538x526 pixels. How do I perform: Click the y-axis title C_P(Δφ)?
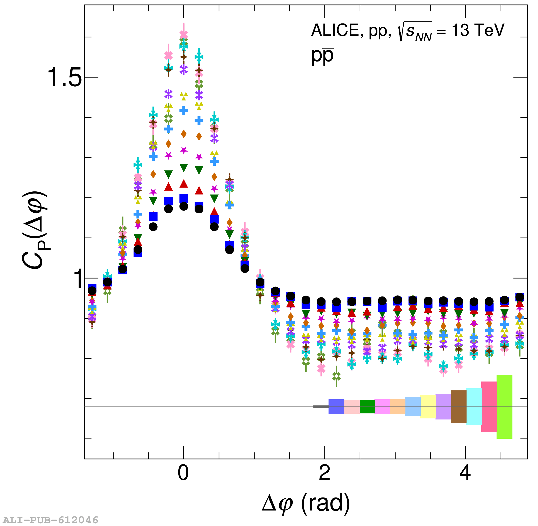tap(34, 230)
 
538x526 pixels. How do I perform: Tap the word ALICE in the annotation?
tap(335, 30)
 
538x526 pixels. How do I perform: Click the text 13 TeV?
tap(478, 30)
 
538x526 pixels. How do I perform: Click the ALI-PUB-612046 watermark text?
tap(50, 520)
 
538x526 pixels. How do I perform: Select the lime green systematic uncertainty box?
tap(504, 406)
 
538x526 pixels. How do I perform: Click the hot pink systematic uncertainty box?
tap(489, 406)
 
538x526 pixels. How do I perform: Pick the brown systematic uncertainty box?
tap(459, 406)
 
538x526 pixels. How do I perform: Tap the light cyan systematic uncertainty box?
tap(474, 406)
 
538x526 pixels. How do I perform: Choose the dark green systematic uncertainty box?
tap(367, 406)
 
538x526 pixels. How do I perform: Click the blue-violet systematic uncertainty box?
tap(336, 406)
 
